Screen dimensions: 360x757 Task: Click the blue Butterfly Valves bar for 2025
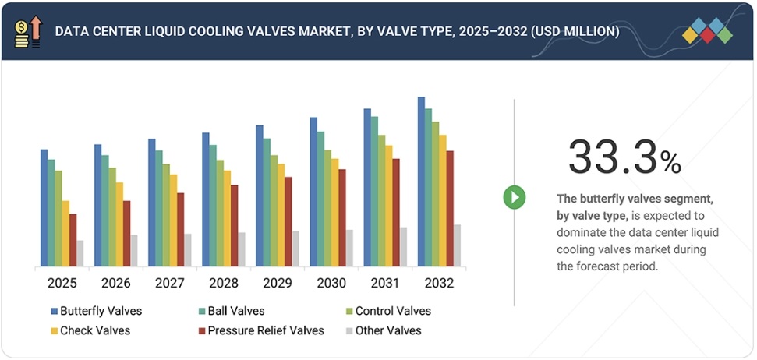(44, 207)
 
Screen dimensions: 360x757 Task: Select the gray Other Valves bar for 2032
(457, 245)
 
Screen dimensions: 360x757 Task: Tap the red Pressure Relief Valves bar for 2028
(235, 225)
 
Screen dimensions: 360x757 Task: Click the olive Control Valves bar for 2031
(381, 200)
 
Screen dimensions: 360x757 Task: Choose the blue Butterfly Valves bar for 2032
(421, 181)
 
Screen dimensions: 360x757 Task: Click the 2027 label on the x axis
(170, 283)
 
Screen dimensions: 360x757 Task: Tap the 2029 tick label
(278, 283)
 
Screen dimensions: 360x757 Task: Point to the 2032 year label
(439, 283)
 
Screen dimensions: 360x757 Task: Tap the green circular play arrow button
(515, 197)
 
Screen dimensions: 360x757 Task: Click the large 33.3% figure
(624, 157)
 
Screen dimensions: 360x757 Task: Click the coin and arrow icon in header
(27, 31)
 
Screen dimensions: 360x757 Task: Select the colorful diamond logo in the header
(708, 30)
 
